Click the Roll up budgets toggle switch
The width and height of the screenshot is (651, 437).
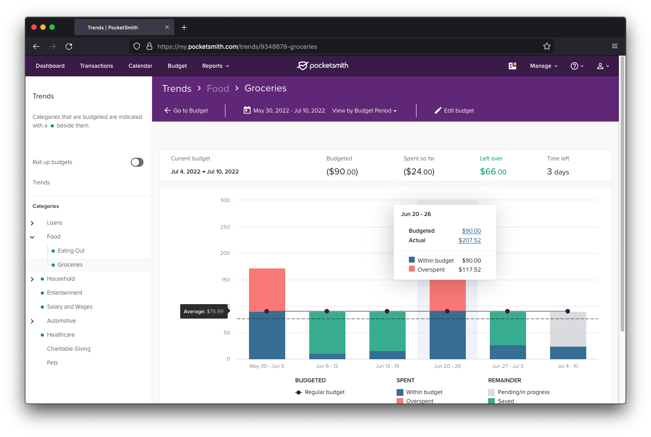[x=137, y=162]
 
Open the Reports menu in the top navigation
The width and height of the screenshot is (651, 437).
[x=215, y=66]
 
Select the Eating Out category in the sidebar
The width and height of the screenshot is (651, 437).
[x=71, y=251]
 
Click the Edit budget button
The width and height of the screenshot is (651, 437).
[x=454, y=111]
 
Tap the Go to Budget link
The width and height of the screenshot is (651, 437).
[x=186, y=111]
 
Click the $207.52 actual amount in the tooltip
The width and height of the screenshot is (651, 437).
[x=469, y=240]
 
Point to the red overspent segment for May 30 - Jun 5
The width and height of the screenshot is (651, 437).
[x=267, y=289]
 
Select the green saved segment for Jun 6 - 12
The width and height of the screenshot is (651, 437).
[x=327, y=332]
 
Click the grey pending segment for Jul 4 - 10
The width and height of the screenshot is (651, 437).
[x=568, y=329]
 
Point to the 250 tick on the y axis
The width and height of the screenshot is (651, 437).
[x=225, y=227]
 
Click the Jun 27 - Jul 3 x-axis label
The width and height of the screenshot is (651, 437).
[x=507, y=366]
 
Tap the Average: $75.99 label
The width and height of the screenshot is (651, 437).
[x=204, y=311]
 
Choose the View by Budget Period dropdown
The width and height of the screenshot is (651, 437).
[x=364, y=111]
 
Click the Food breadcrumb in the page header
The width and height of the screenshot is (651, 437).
[x=218, y=89]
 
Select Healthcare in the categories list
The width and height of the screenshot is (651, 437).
[x=61, y=335]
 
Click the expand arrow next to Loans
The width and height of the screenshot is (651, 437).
[x=32, y=223]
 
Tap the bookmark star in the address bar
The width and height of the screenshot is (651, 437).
[x=547, y=46]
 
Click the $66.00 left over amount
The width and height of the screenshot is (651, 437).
[x=493, y=172]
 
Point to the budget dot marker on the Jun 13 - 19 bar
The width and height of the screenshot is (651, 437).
[x=387, y=311]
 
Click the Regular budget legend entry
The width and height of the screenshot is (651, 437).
[x=324, y=392]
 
